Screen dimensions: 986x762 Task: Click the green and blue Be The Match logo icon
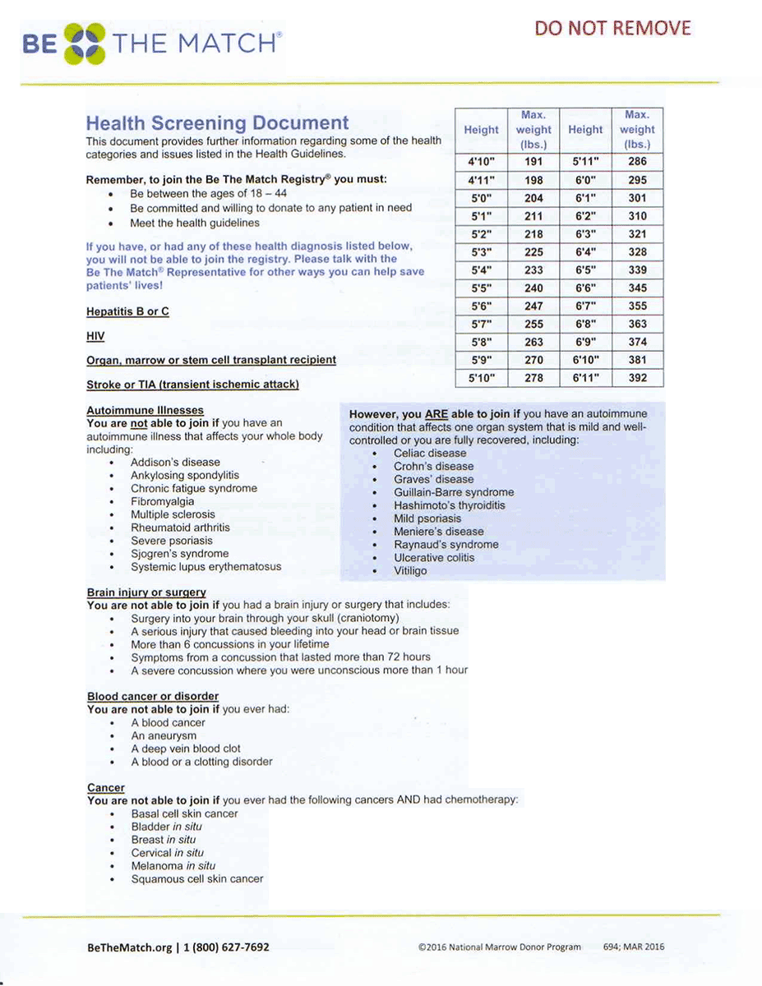85,44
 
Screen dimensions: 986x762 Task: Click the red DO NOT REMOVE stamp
613,28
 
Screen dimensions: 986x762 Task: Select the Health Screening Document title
217,123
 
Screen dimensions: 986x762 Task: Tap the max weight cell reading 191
533,162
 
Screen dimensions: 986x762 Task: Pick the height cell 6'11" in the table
585,378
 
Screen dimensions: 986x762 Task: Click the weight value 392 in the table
637,378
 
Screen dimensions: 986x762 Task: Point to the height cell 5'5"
481,288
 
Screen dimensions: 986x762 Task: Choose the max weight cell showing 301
637,198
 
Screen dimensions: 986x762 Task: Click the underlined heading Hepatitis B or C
127,312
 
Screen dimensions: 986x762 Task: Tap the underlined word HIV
95,336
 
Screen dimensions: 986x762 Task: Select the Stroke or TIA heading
192,384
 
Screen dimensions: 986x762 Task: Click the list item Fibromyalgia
163,501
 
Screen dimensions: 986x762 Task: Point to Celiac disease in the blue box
430,453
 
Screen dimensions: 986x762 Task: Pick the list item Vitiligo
410,570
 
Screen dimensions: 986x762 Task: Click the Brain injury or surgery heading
146,592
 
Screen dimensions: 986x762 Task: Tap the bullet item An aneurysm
164,735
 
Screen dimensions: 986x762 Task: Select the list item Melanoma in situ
173,865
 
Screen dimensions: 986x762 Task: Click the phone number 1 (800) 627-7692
226,947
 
